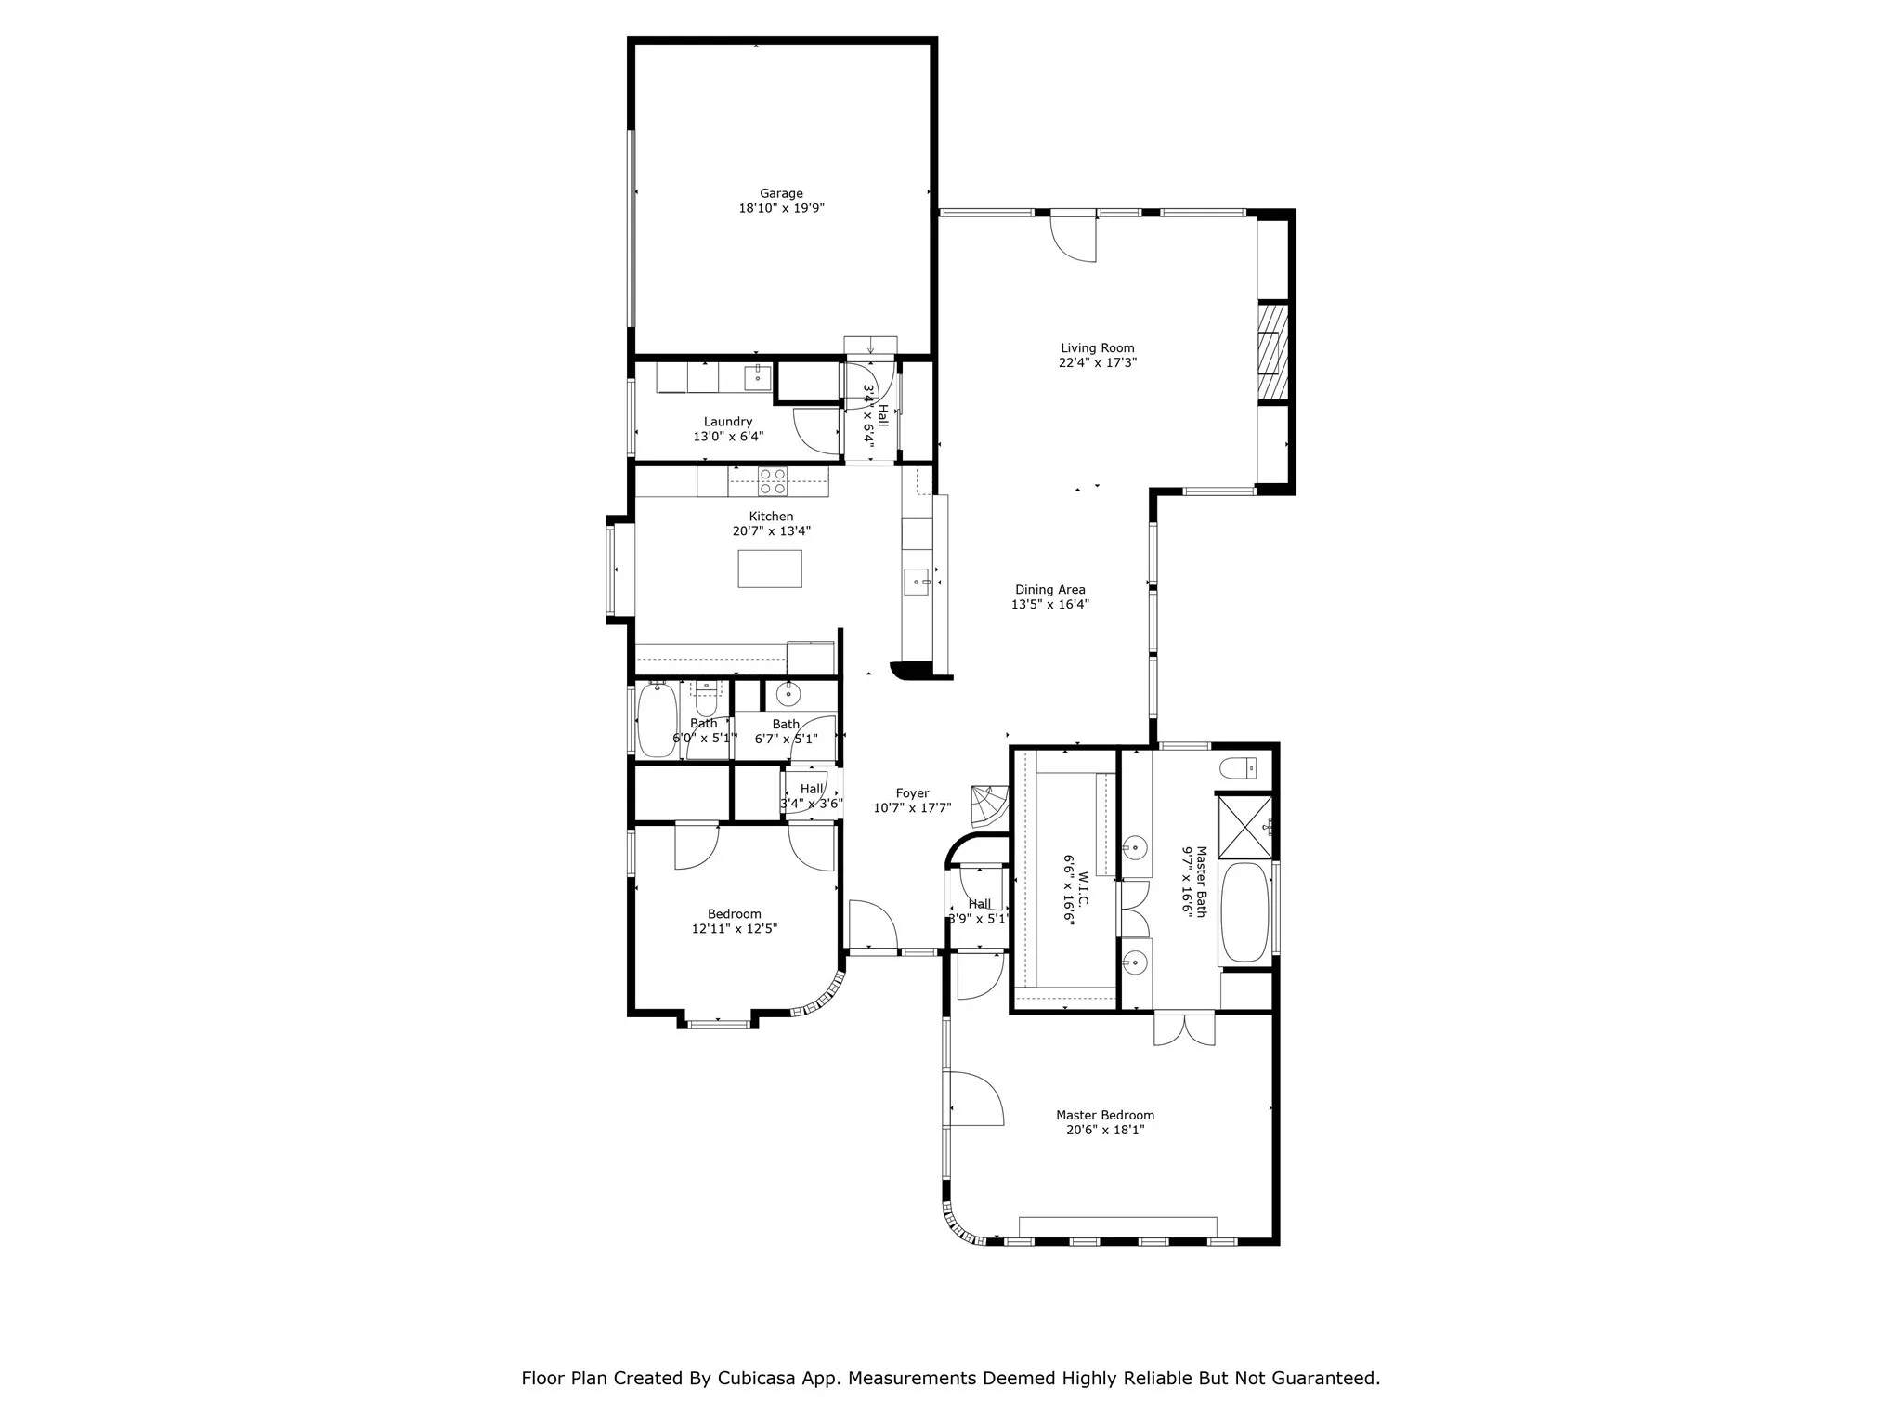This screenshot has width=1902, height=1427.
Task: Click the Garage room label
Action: pyautogui.click(x=781, y=193)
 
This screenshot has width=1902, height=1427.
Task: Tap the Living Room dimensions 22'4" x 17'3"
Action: pyautogui.click(x=1098, y=363)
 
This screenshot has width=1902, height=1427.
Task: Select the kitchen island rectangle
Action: pyautogui.click(x=770, y=569)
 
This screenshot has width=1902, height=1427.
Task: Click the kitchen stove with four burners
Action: pyautogui.click(x=772, y=481)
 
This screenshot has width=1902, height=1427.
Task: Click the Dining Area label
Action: pyautogui.click(x=1049, y=589)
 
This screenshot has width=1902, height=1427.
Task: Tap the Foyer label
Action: pyautogui.click(x=912, y=793)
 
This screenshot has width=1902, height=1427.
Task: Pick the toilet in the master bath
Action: pyautogui.click(x=1238, y=768)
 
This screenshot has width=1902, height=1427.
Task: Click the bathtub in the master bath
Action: pyautogui.click(x=1244, y=913)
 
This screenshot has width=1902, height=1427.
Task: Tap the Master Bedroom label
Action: pyautogui.click(x=1105, y=1115)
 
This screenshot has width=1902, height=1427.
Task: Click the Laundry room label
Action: pyautogui.click(x=728, y=422)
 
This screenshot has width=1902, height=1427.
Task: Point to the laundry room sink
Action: pyautogui.click(x=758, y=376)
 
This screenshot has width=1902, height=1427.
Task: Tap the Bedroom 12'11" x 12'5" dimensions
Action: pyautogui.click(x=734, y=928)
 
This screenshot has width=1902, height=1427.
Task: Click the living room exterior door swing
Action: pyautogui.click(x=1075, y=240)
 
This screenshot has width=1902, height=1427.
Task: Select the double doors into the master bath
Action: pyautogui.click(x=1184, y=1028)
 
